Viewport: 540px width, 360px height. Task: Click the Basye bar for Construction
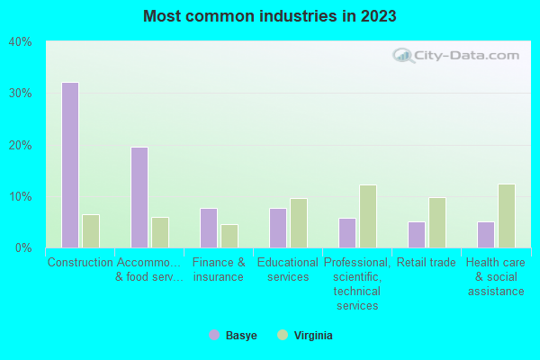tap(70, 165)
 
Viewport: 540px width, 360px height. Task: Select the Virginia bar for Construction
tap(91, 231)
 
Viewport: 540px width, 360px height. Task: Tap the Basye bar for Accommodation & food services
tap(139, 197)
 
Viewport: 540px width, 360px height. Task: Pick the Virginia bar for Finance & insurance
tap(229, 236)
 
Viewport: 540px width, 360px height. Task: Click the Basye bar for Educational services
tap(278, 228)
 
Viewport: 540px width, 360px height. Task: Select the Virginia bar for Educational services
tap(299, 223)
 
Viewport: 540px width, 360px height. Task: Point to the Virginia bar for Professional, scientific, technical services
tap(368, 216)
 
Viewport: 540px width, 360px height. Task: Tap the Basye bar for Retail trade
tap(417, 234)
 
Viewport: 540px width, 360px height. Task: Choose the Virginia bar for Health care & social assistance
tap(507, 216)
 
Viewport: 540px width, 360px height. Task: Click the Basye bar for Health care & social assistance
tap(486, 234)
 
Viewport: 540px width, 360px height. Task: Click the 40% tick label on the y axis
tap(20, 41)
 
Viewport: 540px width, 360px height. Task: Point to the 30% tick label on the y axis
tap(20, 93)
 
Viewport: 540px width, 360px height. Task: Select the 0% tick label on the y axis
tap(23, 247)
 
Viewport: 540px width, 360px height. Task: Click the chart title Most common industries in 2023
tap(270, 16)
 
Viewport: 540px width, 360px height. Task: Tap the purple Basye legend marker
tap(214, 335)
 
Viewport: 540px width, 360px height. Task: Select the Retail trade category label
tap(427, 263)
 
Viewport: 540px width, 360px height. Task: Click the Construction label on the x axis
tap(80, 263)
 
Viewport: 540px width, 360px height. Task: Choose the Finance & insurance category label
tap(219, 270)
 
